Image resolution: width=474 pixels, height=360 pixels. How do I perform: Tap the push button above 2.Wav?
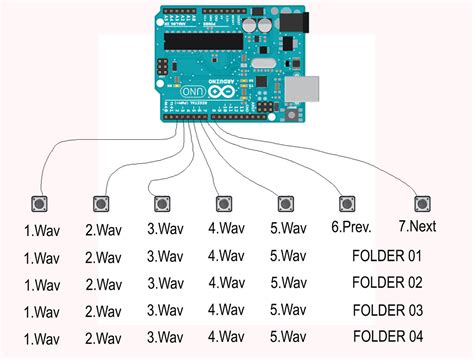pos(100,204)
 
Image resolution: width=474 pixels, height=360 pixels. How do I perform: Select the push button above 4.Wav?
pos(224,203)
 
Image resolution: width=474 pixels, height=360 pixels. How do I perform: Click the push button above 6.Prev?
pos(347,203)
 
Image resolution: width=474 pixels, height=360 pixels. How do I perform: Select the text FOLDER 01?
pos(388,256)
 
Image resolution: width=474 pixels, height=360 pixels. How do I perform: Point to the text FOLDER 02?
pos(388,282)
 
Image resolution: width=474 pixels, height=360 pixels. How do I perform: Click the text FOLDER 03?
pos(388,309)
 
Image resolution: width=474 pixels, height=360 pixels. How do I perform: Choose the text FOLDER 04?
pos(388,335)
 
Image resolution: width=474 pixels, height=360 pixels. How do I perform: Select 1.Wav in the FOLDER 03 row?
pos(42,311)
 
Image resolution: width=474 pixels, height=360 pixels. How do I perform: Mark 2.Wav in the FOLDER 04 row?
pos(103,337)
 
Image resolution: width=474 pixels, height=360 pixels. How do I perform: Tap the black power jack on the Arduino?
pos(291,22)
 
